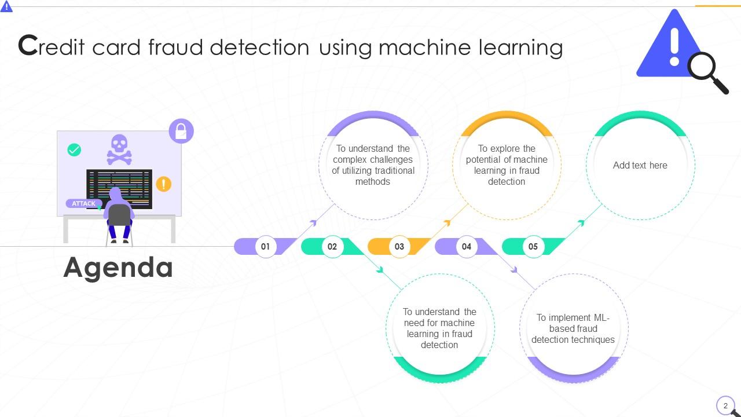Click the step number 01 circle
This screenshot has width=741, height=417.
point(265,246)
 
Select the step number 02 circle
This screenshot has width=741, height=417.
point(332,246)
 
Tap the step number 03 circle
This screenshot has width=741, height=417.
point(399,246)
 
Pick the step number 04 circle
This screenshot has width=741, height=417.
point(467,246)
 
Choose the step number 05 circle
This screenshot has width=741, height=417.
point(533,246)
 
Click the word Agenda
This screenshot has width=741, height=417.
point(118,268)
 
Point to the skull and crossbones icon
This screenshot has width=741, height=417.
point(119,149)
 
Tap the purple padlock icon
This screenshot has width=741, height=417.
point(181,131)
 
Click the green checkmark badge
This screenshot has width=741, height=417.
point(74,150)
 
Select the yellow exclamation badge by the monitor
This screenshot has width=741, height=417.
point(164,184)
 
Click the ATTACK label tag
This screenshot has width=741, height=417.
point(84,203)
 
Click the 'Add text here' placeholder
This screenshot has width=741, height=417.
point(640,165)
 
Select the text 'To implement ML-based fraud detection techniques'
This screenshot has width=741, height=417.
point(573,328)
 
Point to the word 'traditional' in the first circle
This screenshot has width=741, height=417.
point(394,170)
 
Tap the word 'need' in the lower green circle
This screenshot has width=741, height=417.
point(416,323)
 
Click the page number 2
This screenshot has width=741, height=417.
point(725,405)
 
